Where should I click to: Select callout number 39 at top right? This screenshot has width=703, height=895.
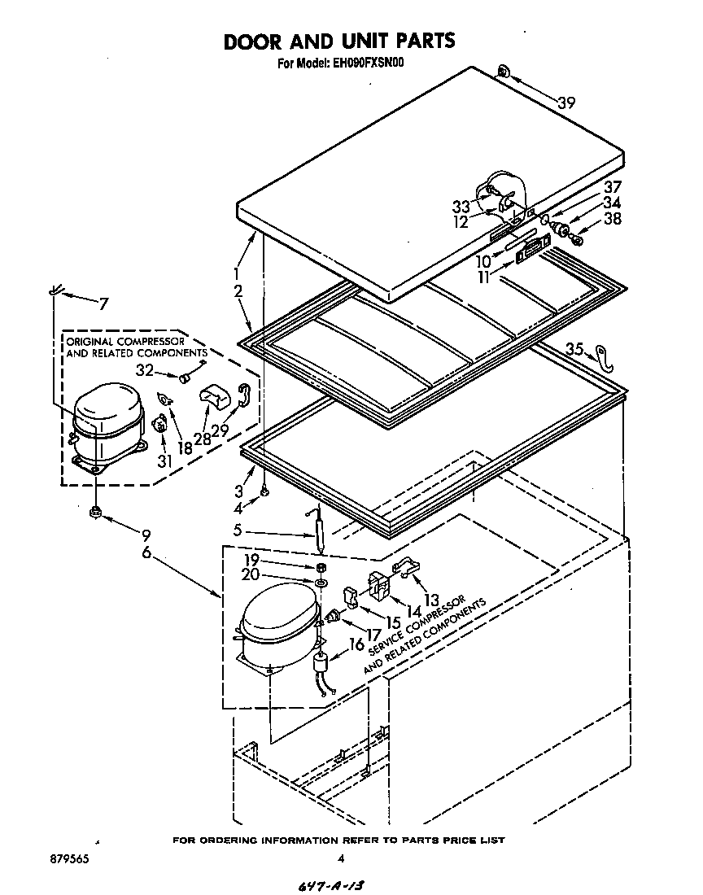[567, 102]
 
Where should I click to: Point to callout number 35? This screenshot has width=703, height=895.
[575, 349]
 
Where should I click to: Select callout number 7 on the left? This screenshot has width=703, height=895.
[103, 304]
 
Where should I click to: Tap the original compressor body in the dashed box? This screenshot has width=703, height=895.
[104, 424]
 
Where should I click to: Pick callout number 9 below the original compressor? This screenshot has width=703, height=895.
[146, 535]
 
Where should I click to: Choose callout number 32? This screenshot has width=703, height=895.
[145, 369]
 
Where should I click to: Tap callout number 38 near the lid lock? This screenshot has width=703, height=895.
[613, 219]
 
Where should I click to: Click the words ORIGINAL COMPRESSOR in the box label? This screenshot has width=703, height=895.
[124, 341]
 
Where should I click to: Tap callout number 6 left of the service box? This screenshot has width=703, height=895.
[146, 552]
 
